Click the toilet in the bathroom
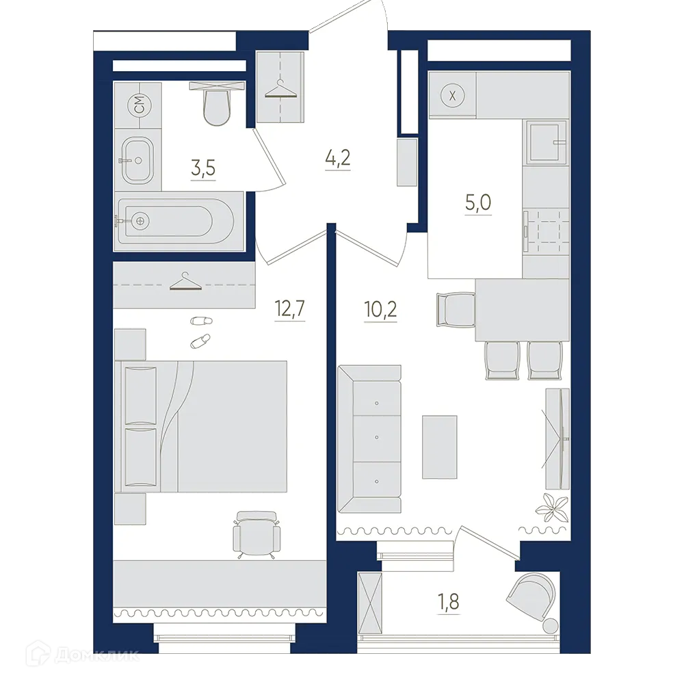coord(216,105)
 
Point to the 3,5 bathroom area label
coord(203,169)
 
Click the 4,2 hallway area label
coord(337,161)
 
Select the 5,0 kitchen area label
coord(479,203)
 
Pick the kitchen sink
coord(547,142)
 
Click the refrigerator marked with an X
coord(451,95)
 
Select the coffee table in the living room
coord(439,447)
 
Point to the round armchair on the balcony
coord(532,595)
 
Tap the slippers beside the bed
coord(199,330)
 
